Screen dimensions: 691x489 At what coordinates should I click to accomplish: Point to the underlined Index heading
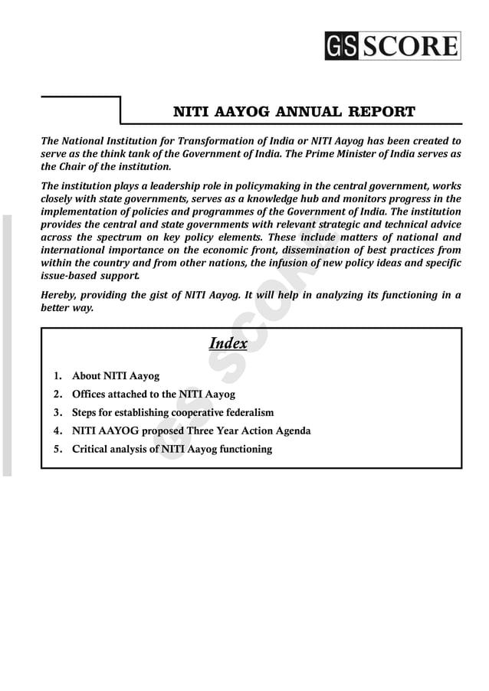(x=228, y=343)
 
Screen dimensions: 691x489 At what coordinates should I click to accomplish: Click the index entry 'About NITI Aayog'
(x=115, y=376)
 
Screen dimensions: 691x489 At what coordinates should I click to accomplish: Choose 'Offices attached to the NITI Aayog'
(x=153, y=395)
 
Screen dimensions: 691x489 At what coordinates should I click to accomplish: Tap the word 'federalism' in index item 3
(x=247, y=413)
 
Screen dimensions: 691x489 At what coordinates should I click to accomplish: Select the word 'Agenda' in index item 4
(x=292, y=431)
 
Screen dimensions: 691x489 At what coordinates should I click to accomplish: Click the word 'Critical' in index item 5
(x=90, y=449)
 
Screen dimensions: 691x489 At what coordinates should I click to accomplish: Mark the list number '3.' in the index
(x=58, y=413)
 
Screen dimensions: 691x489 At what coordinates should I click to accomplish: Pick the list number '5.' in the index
(x=58, y=449)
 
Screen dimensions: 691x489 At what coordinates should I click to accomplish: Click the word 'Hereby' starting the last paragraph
(x=58, y=296)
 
